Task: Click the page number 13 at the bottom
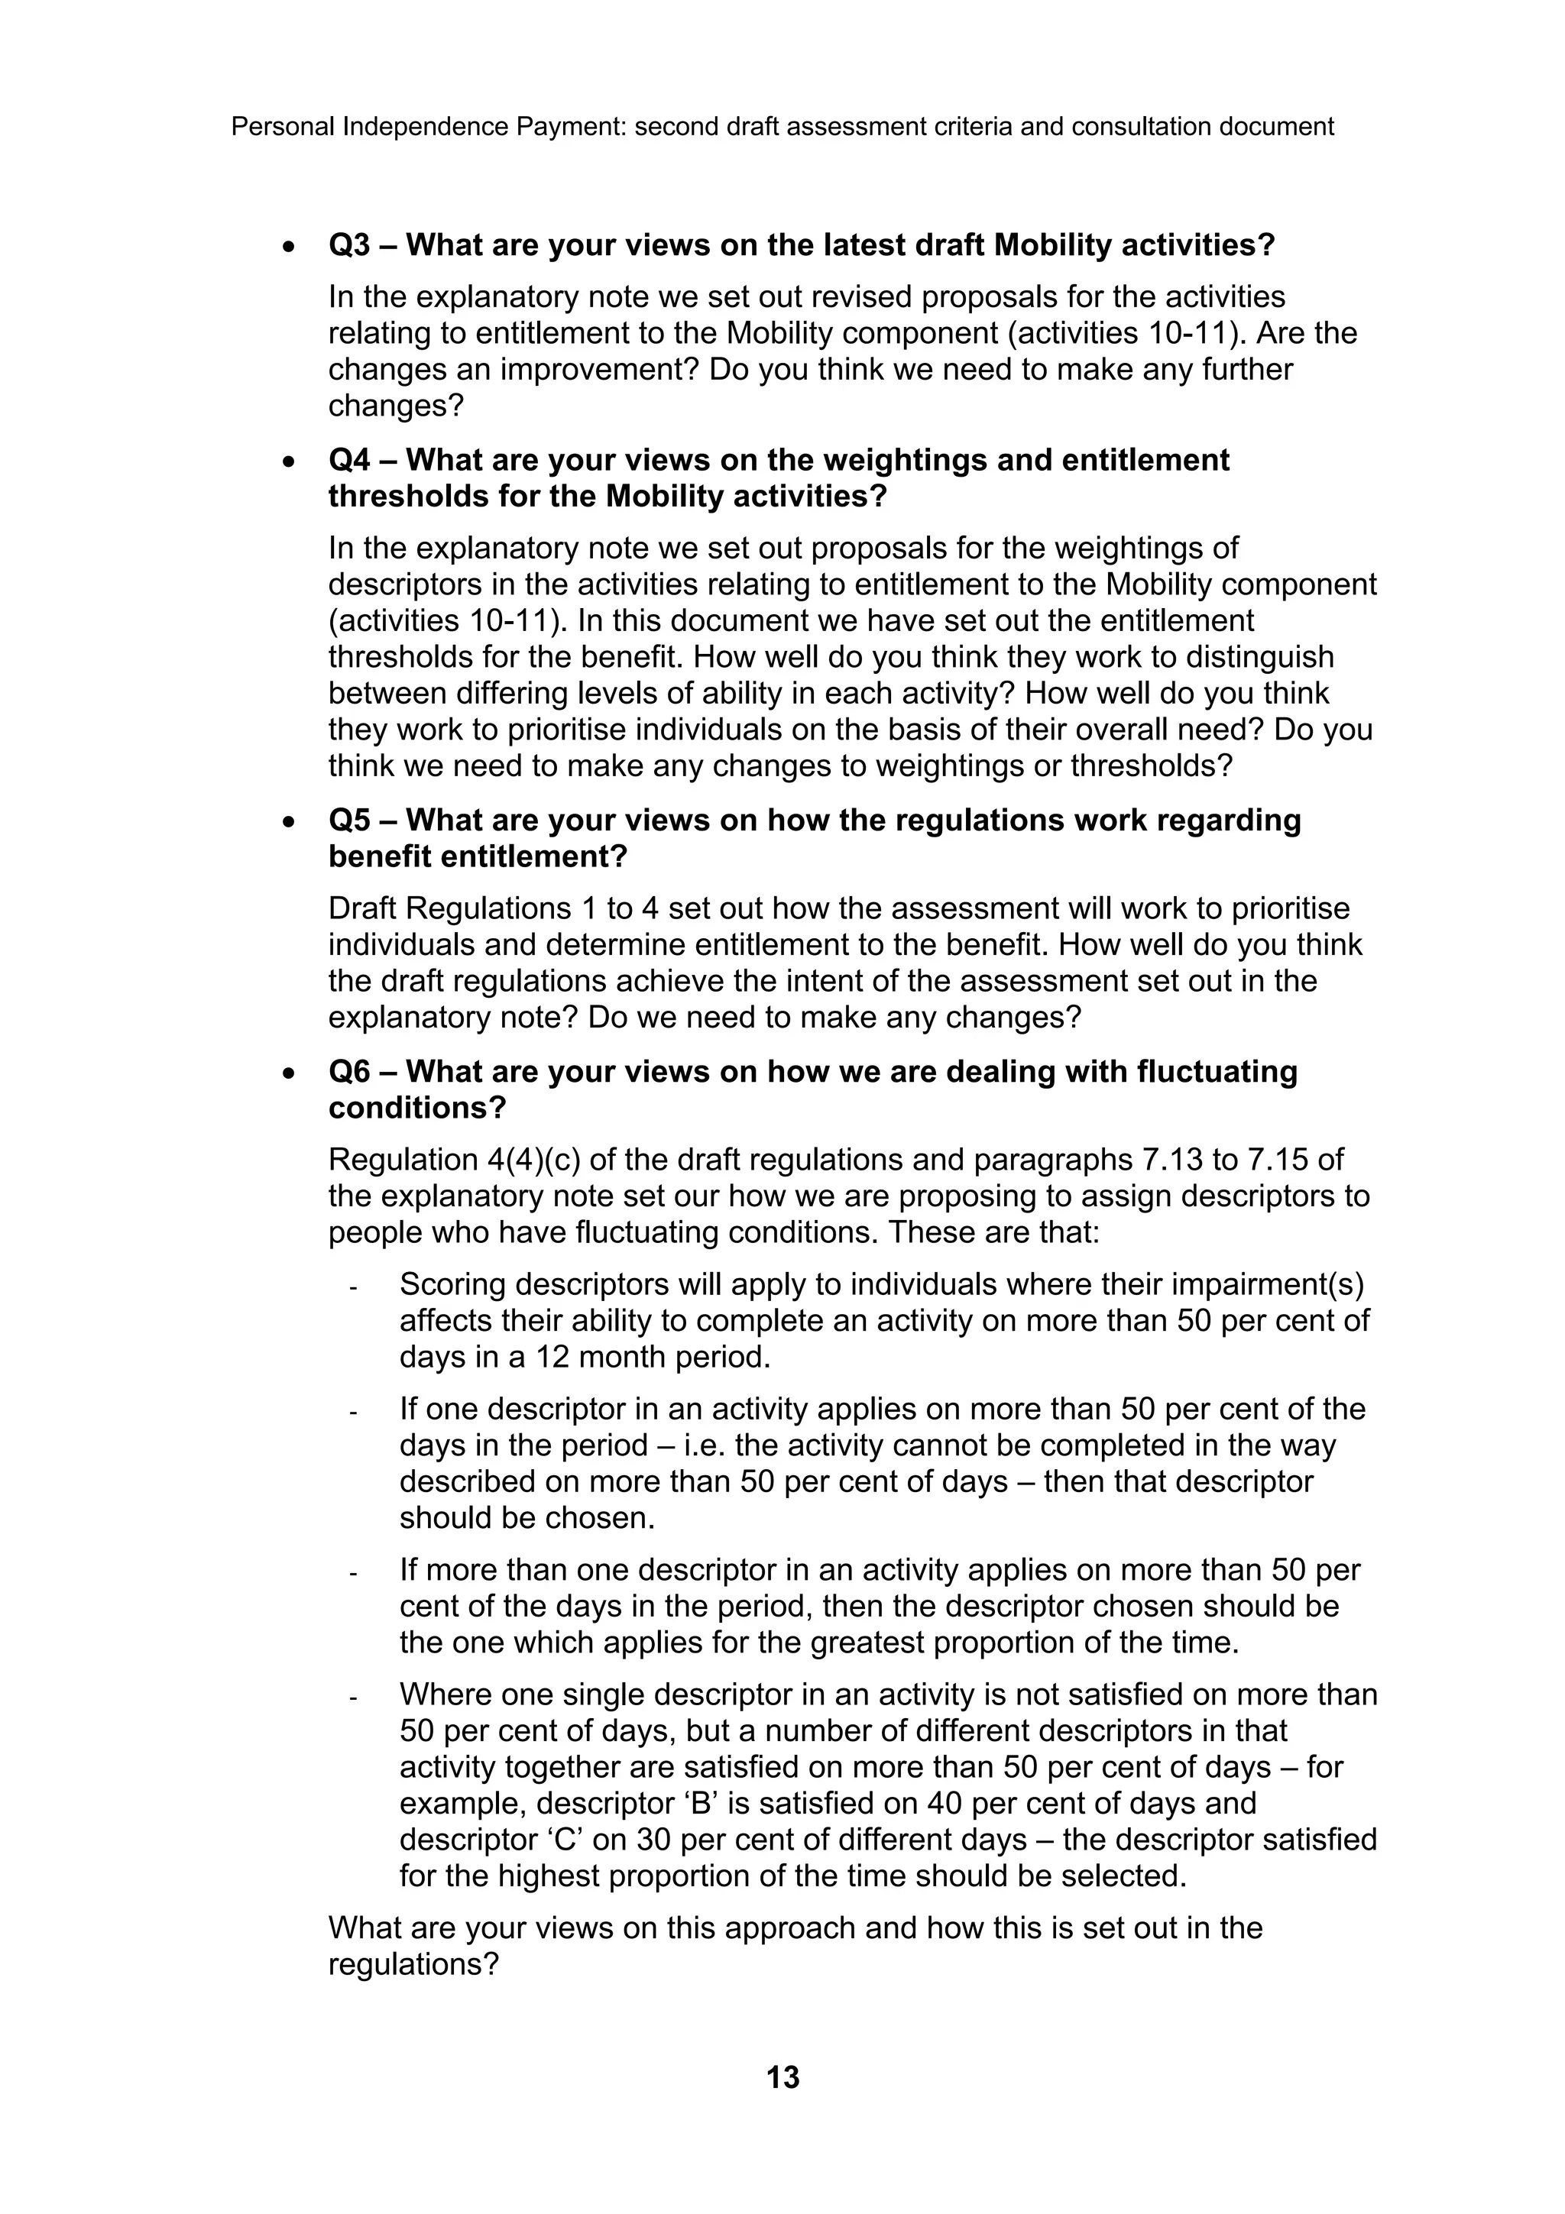[x=782, y=2076]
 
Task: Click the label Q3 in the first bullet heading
[x=349, y=246]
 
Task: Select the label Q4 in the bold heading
[x=349, y=460]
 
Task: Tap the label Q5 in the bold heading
[x=349, y=821]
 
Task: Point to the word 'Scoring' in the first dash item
[x=453, y=1286]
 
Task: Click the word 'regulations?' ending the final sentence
[x=413, y=1964]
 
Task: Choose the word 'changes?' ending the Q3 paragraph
[x=395, y=405]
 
